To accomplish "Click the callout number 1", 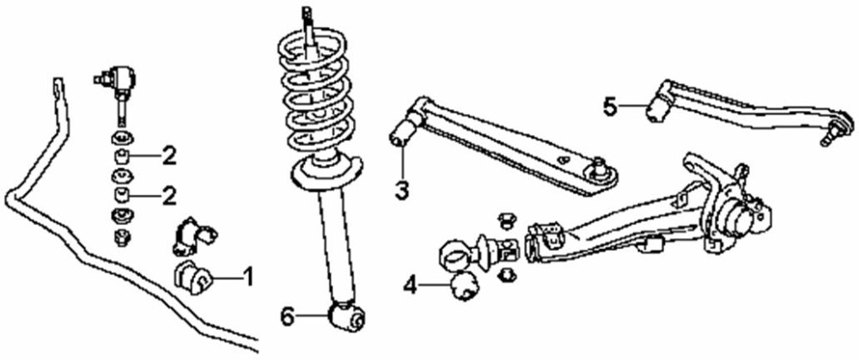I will (x=247, y=277).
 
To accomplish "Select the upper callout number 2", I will (x=169, y=156).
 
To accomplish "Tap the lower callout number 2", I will (x=169, y=194).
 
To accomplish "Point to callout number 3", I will (x=402, y=189).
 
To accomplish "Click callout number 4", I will (x=411, y=284).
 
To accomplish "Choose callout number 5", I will (x=610, y=107).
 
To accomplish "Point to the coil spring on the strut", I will (x=318, y=95).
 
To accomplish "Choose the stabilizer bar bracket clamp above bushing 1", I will (x=195, y=237).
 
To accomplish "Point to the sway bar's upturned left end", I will (x=56, y=89).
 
